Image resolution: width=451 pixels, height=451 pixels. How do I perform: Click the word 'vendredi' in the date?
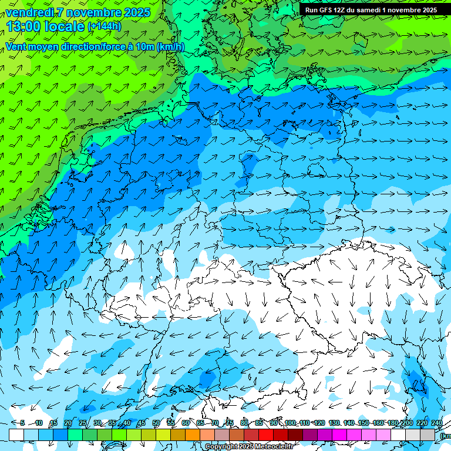29,12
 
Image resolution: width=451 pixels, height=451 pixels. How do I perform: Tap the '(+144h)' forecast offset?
105,26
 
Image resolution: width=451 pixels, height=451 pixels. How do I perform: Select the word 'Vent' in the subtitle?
16,47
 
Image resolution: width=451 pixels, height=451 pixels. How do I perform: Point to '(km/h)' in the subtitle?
170,47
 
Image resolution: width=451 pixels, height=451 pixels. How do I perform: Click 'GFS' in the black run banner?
329,10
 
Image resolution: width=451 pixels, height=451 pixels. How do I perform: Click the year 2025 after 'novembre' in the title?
137,12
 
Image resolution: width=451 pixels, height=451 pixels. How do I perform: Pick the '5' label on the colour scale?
22,423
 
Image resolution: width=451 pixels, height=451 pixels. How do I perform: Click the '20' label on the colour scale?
68,423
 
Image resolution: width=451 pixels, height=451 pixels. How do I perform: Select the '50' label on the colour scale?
156,423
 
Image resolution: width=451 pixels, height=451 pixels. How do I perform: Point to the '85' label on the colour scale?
259,423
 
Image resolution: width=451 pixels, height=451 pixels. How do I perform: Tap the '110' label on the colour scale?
304,423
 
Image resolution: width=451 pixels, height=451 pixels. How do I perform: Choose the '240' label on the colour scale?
437,423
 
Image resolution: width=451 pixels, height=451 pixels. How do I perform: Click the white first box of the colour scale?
16,435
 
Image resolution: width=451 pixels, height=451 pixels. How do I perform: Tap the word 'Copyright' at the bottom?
222,447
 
